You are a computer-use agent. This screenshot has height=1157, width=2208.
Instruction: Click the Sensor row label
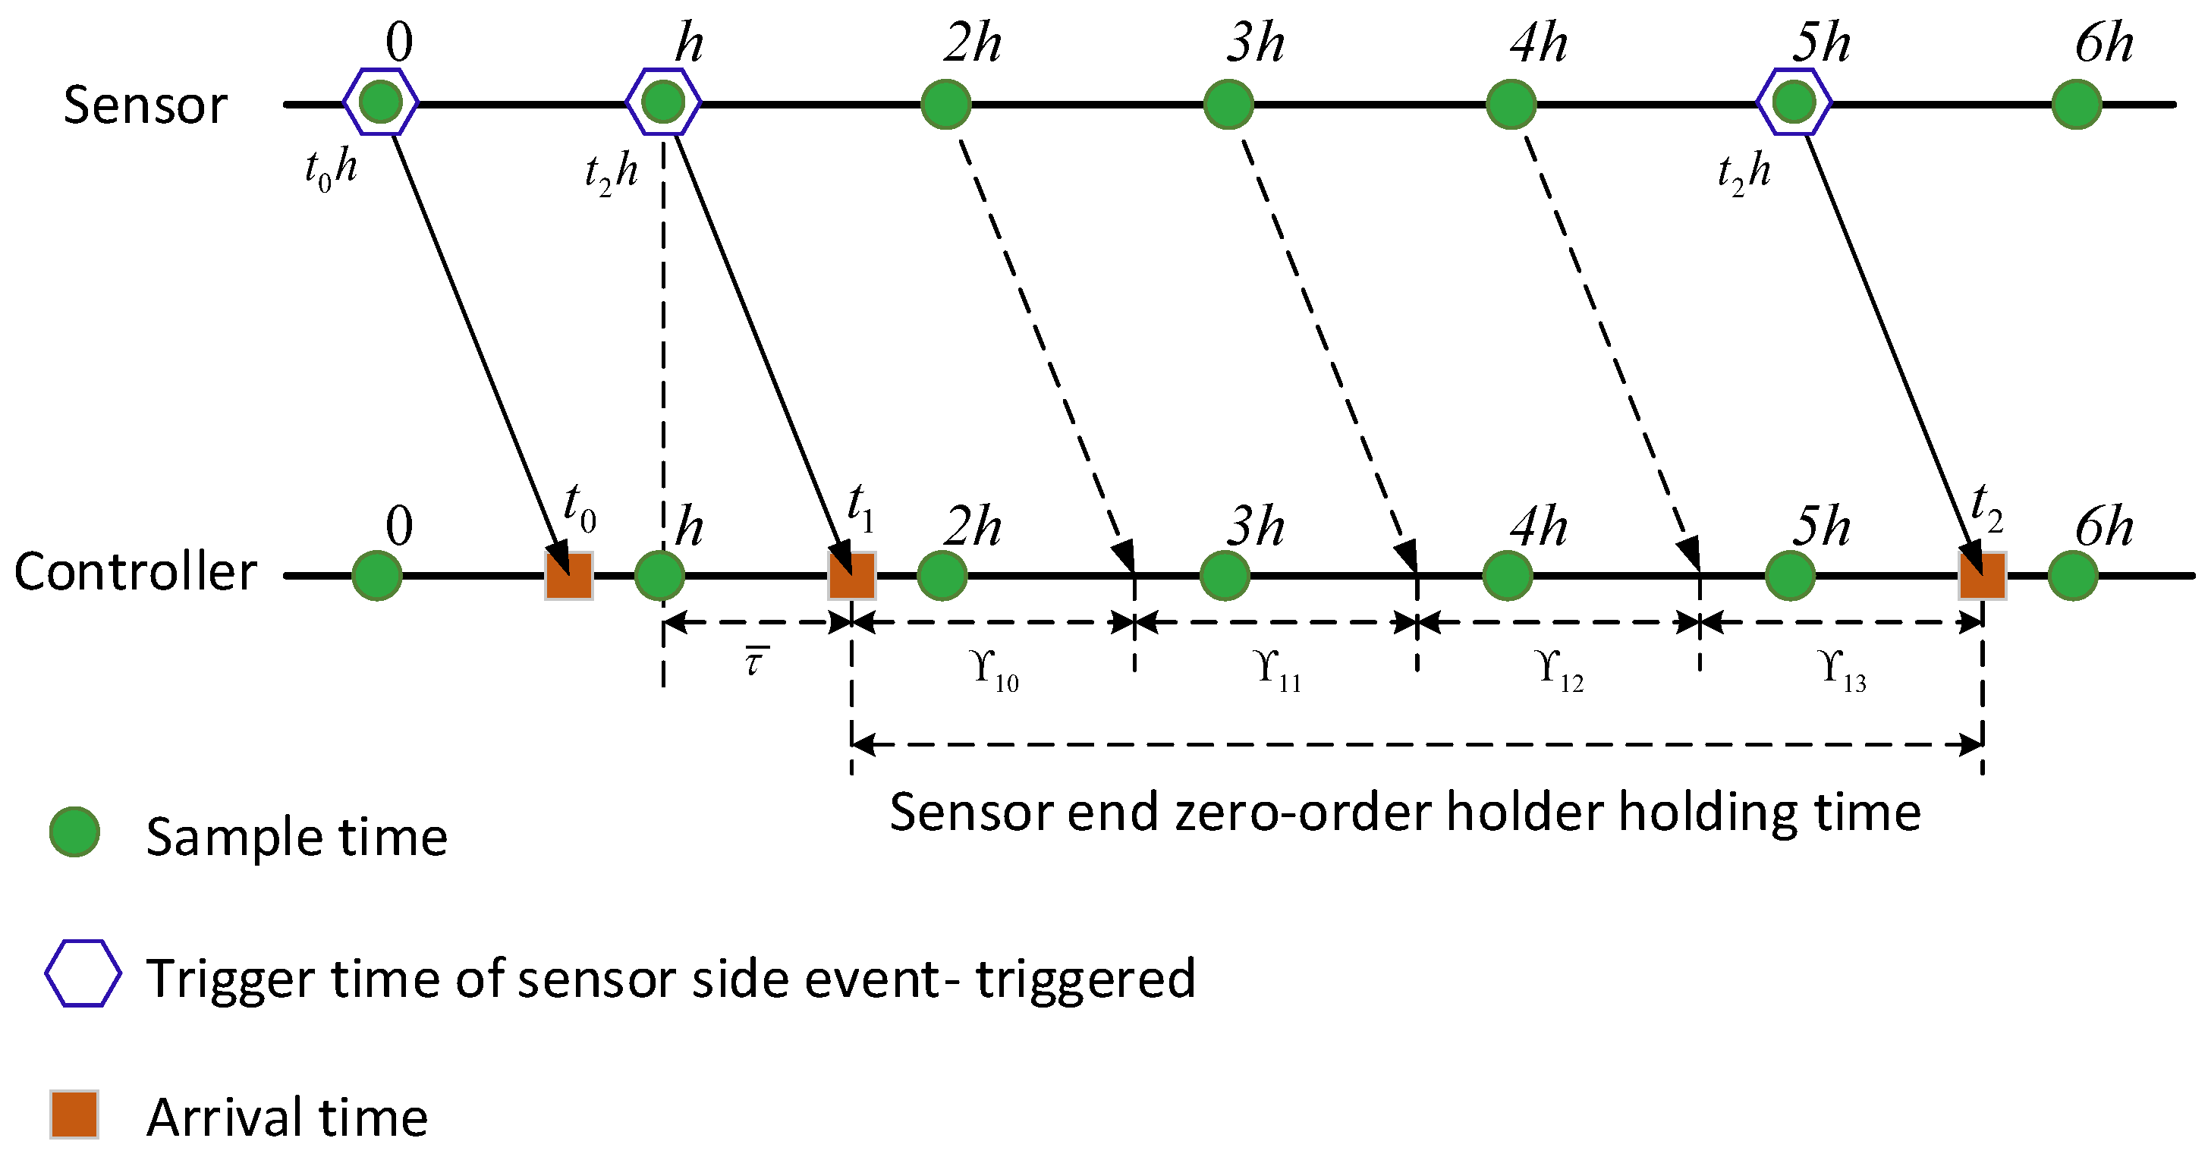[x=145, y=105]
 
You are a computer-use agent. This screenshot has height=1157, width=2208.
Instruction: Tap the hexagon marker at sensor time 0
[x=381, y=102]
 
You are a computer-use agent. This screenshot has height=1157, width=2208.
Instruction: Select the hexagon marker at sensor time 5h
[x=1794, y=102]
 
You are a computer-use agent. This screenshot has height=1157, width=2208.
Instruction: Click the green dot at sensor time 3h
[x=1228, y=105]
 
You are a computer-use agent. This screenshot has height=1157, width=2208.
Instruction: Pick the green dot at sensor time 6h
[x=2076, y=105]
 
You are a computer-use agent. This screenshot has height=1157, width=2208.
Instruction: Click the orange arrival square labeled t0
[x=569, y=575]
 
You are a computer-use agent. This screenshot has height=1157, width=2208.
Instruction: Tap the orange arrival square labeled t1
[x=851, y=575]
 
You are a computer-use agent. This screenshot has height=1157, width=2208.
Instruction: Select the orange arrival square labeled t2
[x=1982, y=575]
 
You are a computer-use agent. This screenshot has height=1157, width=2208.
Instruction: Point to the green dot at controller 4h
[x=1507, y=575]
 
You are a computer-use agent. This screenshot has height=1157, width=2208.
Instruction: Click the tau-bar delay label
[x=754, y=662]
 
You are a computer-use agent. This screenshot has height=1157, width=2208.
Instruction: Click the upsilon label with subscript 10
[x=994, y=668]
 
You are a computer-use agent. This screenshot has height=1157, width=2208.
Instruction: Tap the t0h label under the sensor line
[x=331, y=168]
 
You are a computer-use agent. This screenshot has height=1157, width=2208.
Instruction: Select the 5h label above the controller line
[x=1820, y=527]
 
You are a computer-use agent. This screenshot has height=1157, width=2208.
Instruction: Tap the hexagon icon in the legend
[x=82, y=973]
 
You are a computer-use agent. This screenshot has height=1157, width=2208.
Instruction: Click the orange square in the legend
[x=74, y=1115]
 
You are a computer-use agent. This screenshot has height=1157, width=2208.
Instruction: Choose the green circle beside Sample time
[x=74, y=832]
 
